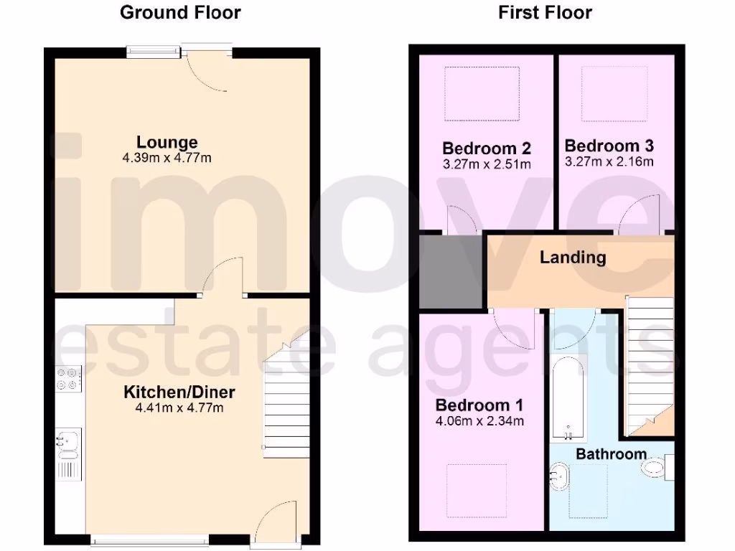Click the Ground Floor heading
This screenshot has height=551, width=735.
coord(180,12)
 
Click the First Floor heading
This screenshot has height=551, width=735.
coord(545,12)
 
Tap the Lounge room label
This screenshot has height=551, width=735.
coord(167,143)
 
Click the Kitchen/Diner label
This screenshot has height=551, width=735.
coord(179,392)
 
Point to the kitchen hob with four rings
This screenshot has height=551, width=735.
coord(69,378)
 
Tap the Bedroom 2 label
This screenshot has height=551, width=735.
coord(487,149)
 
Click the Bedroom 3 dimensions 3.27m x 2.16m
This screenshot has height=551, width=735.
coord(609,161)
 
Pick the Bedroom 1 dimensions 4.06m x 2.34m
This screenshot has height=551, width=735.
coord(479,421)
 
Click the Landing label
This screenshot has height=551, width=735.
coord(573,257)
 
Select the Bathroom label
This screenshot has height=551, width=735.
coord(611,454)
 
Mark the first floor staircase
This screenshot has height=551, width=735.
coord(650,366)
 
